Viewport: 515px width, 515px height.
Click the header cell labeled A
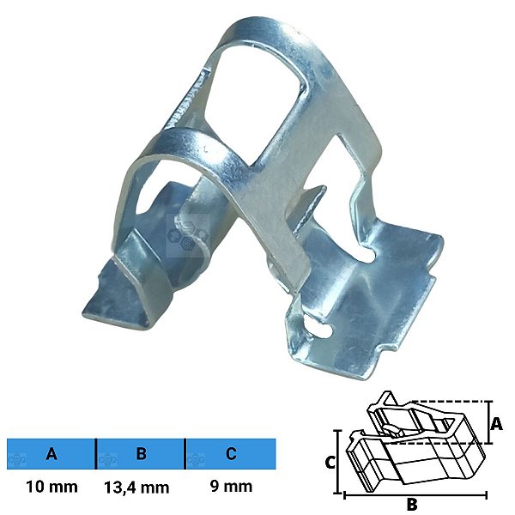tap(51, 453)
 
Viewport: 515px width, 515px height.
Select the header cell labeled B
tap(141, 453)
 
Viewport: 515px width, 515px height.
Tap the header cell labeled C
tap(231, 453)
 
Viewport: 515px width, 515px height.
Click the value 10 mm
tap(51, 487)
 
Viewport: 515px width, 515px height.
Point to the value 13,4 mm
tap(136, 488)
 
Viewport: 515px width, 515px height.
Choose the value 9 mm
tap(231, 486)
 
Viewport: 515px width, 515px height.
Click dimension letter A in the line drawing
tap(496, 423)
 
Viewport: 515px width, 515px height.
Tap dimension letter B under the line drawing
tap(412, 504)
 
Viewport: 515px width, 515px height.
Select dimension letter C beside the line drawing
tap(330, 463)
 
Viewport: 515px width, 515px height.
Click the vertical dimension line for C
tap(337, 462)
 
